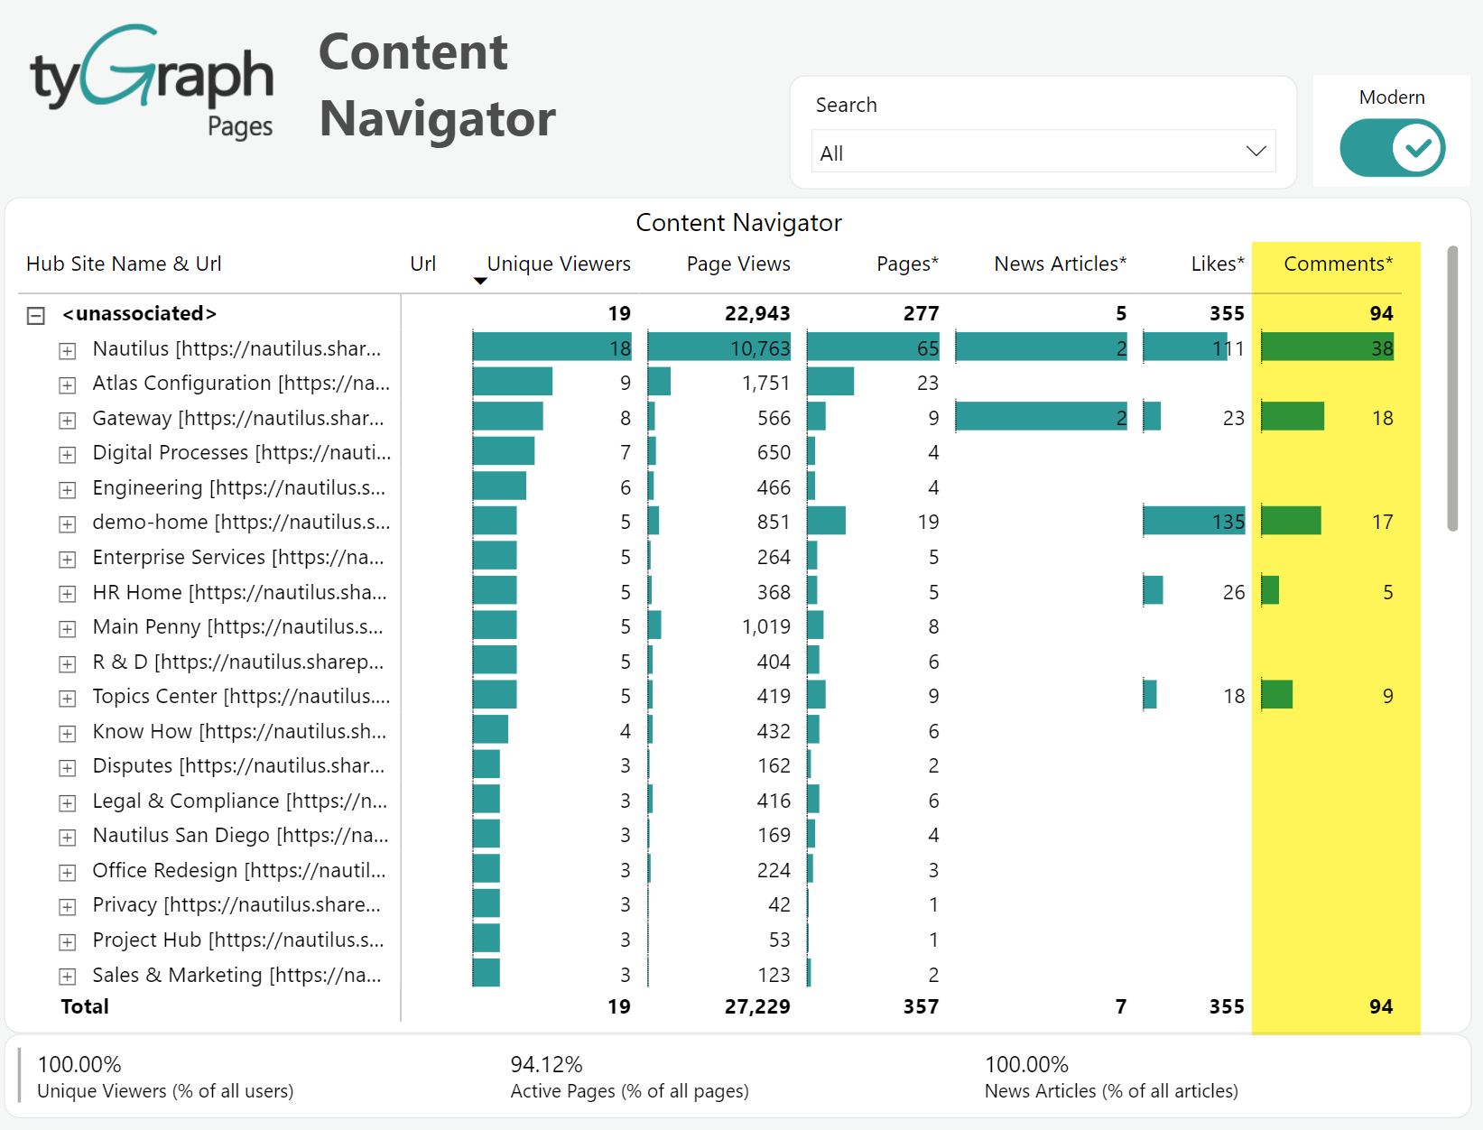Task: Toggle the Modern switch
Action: click(x=1392, y=149)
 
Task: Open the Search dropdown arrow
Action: click(x=1256, y=152)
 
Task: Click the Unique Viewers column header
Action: click(x=558, y=264)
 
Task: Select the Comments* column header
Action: click(x=1338, y=264)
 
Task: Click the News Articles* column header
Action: click(x=1060, y=264)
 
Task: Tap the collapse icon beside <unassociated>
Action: click(x=36, y=315)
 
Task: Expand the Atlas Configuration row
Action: click(x=68, y=385)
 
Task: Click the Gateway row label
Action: click(x=238, y=418)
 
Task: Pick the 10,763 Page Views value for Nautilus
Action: click(x=759, y=348)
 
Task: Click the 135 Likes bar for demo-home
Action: click(x=1193, y=522)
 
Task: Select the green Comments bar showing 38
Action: click(x=1327, y=348)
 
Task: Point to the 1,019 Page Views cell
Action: click(x=765, y=626)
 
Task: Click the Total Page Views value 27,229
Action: click(x=757, y=1006)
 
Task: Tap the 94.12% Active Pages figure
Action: click(x=547, y=1064)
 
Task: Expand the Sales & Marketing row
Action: click(x=68, y=977)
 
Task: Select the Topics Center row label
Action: click(x=241, y=696)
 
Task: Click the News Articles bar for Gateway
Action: click(x=1041, y=417)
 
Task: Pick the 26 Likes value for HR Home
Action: click(x=1233, y=592)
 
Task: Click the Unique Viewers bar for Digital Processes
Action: click(x=503, y=451)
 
